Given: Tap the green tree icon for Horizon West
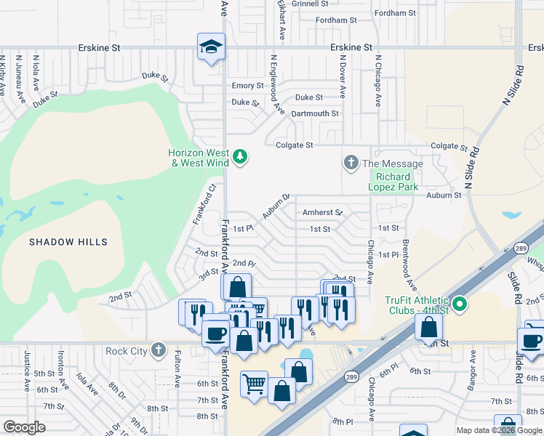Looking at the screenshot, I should [239, 156].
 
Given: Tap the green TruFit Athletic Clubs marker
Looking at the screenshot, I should [459, 303].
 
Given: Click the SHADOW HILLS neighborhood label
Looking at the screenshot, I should [68, 242].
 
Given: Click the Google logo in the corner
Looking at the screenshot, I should [24, 427].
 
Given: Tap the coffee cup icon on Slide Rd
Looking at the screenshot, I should [530, 339].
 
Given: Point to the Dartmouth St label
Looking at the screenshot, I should [315, 114].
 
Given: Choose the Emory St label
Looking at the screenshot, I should [248, 86].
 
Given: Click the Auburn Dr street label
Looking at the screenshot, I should [276, 206].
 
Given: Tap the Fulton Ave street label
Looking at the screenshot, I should [177, 369].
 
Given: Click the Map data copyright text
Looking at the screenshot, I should [499, 430].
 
